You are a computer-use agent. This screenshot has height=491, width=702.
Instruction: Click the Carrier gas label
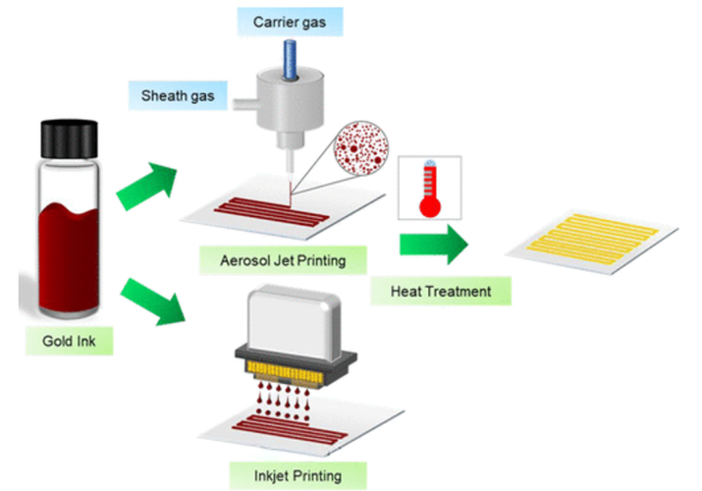[290, 22]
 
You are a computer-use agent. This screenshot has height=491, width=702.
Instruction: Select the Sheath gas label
[178, 96]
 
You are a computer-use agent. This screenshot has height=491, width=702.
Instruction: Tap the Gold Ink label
[69, 341]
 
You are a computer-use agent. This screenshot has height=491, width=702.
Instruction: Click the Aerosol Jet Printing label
[283, 260]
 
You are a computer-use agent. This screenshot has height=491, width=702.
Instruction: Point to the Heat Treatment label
[441, 292]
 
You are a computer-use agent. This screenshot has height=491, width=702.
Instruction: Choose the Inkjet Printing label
[297, 476]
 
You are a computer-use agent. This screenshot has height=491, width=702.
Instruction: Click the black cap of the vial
[70, 138]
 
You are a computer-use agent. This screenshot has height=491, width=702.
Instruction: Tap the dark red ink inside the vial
[69, 257]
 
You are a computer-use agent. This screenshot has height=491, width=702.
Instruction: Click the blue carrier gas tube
[290, 60]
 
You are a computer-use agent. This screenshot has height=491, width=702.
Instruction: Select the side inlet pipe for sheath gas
[244, 104]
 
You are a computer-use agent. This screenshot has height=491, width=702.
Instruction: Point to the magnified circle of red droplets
[361, 147]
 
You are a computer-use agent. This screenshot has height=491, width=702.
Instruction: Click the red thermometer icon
[430, 189]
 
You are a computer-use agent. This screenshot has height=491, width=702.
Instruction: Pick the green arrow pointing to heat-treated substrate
[433, 245]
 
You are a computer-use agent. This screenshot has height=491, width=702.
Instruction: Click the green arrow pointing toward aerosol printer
[147, 186]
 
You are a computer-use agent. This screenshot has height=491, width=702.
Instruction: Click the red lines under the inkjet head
[289, 430]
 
